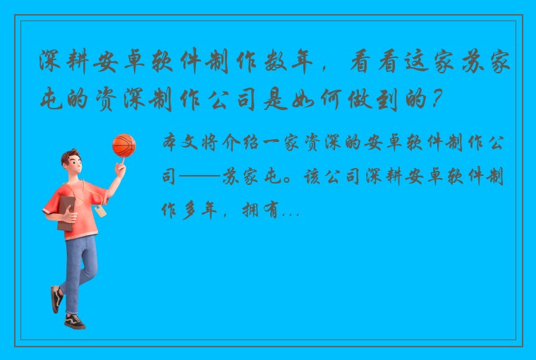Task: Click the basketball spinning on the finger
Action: pyautogui.click(x=123, y=145)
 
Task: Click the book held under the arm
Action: pyautogui.click(x=65, y=212)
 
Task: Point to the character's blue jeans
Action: pyautogui.click(x=79, y=265)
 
